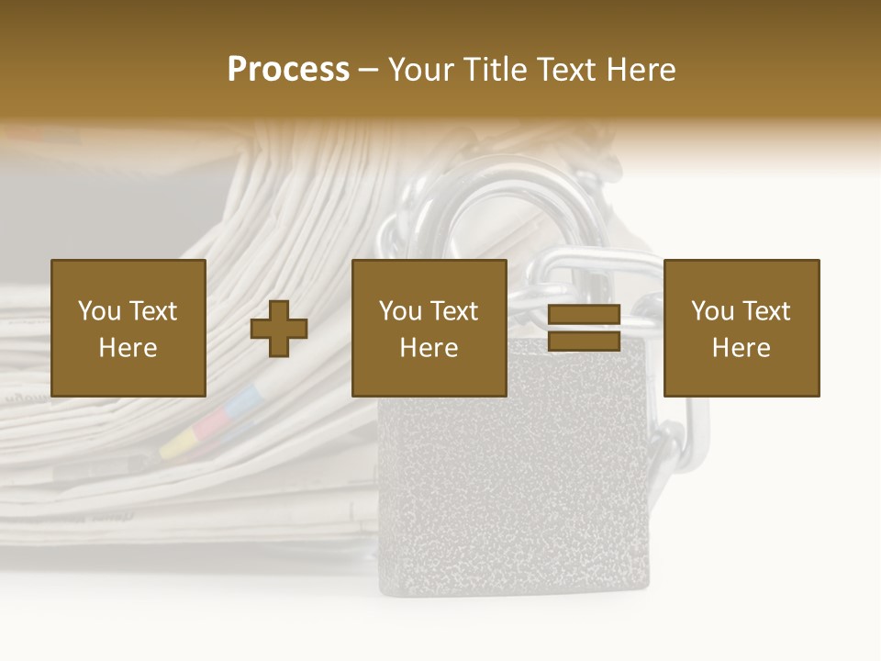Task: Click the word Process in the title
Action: [x=288, y=70]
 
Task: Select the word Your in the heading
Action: [x=423, y=70]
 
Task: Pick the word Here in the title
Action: [x=642, y=70]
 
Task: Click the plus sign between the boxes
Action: [x=279, y=328]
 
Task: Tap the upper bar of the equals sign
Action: [x=584, y=315]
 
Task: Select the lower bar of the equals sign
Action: [x=584, y=342]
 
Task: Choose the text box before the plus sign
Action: [x=128, y=328]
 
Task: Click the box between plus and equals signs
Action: [x=429, y=328]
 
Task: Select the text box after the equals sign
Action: [x=742, y=328]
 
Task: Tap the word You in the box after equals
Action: [x=713, y=311]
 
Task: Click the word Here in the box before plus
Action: [x=128, y=347]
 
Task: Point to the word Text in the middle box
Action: [x=454, y=311]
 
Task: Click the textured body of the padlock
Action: [x=514, y=496]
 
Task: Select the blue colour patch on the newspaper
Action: [x=245, y=398]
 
